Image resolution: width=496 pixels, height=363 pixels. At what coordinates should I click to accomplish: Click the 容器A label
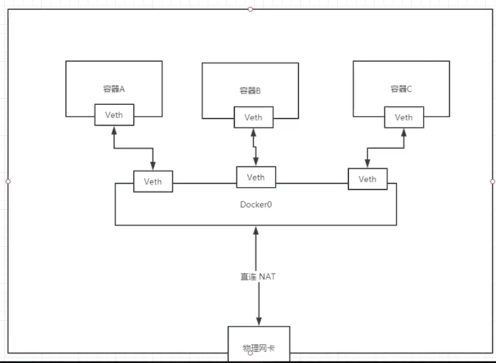tap(114, 89)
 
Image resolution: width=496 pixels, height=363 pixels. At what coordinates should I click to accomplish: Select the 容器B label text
tap(250, 91)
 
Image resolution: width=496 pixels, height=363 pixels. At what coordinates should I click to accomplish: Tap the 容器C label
tap(401, 89)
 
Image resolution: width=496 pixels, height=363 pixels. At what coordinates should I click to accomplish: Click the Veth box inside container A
tap(114, 115)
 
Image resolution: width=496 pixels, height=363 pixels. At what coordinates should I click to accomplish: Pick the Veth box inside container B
tap(253, 117)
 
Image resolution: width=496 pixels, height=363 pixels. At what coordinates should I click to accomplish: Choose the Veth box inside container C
tap(404, 117)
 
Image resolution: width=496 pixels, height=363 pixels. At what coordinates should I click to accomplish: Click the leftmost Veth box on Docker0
tap(153, 181)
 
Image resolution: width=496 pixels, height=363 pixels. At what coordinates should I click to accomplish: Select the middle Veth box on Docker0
tap(256, 177)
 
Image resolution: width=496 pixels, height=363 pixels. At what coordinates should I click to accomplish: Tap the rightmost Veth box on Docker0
tap(368, 179)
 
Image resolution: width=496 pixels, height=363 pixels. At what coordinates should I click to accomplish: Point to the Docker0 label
tap(256, 204)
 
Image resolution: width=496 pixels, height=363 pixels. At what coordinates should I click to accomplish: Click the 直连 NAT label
tap(258, 277)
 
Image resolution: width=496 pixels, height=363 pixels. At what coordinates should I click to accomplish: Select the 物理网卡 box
tap(259, 344)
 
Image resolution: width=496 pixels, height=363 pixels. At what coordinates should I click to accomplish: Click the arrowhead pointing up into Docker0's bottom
tap(256, 231)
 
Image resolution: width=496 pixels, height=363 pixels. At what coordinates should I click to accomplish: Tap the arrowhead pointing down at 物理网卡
tap(259, 321)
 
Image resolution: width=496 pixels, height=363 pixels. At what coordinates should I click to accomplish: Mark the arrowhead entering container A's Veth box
tap(114, 130)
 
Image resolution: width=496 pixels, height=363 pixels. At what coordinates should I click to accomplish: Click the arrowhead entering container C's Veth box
tap(404, 133)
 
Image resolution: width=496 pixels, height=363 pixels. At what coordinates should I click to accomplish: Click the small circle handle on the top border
tap(250, 9)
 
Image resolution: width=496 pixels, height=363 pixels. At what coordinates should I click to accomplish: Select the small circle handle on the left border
tap(8, 181)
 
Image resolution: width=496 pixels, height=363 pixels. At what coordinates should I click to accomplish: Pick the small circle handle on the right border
tap(493, 181)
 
